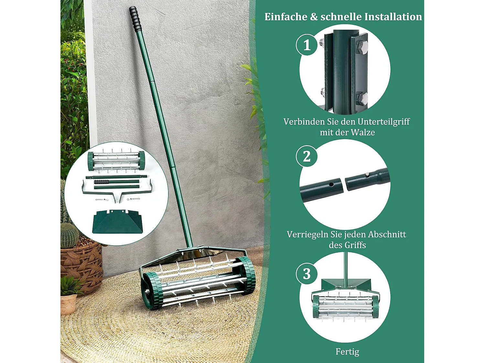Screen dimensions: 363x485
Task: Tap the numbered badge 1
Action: (307, 45)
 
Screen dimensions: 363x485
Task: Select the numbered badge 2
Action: (307, 156)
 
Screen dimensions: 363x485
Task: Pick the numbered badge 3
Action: (307, 274)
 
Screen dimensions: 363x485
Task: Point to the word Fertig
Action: (347, 351)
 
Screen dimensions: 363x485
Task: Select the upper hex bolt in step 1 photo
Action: (362, 47)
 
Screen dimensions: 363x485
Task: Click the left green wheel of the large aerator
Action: (152, 291)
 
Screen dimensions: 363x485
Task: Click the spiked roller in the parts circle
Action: (116, 160)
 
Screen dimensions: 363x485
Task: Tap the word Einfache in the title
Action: (286, 17)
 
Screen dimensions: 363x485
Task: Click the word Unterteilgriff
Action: (383, 122)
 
